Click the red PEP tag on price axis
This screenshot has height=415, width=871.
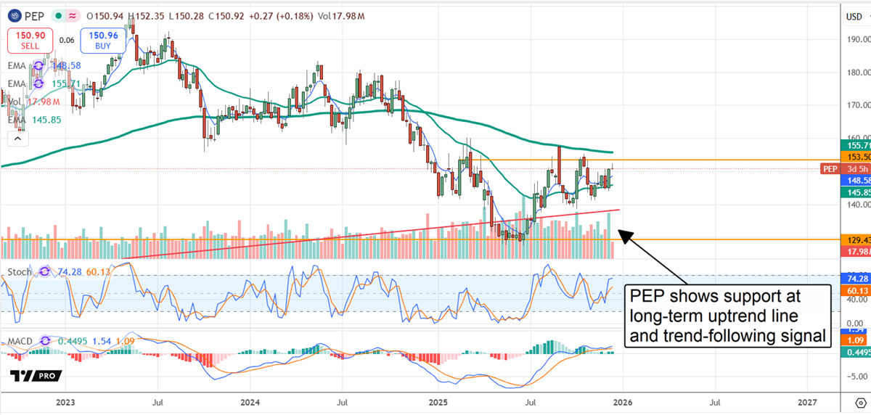(x=830, y=169)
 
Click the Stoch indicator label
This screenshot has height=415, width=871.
(x=20, y=272)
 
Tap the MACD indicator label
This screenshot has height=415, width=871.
(x=22, y=340)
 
